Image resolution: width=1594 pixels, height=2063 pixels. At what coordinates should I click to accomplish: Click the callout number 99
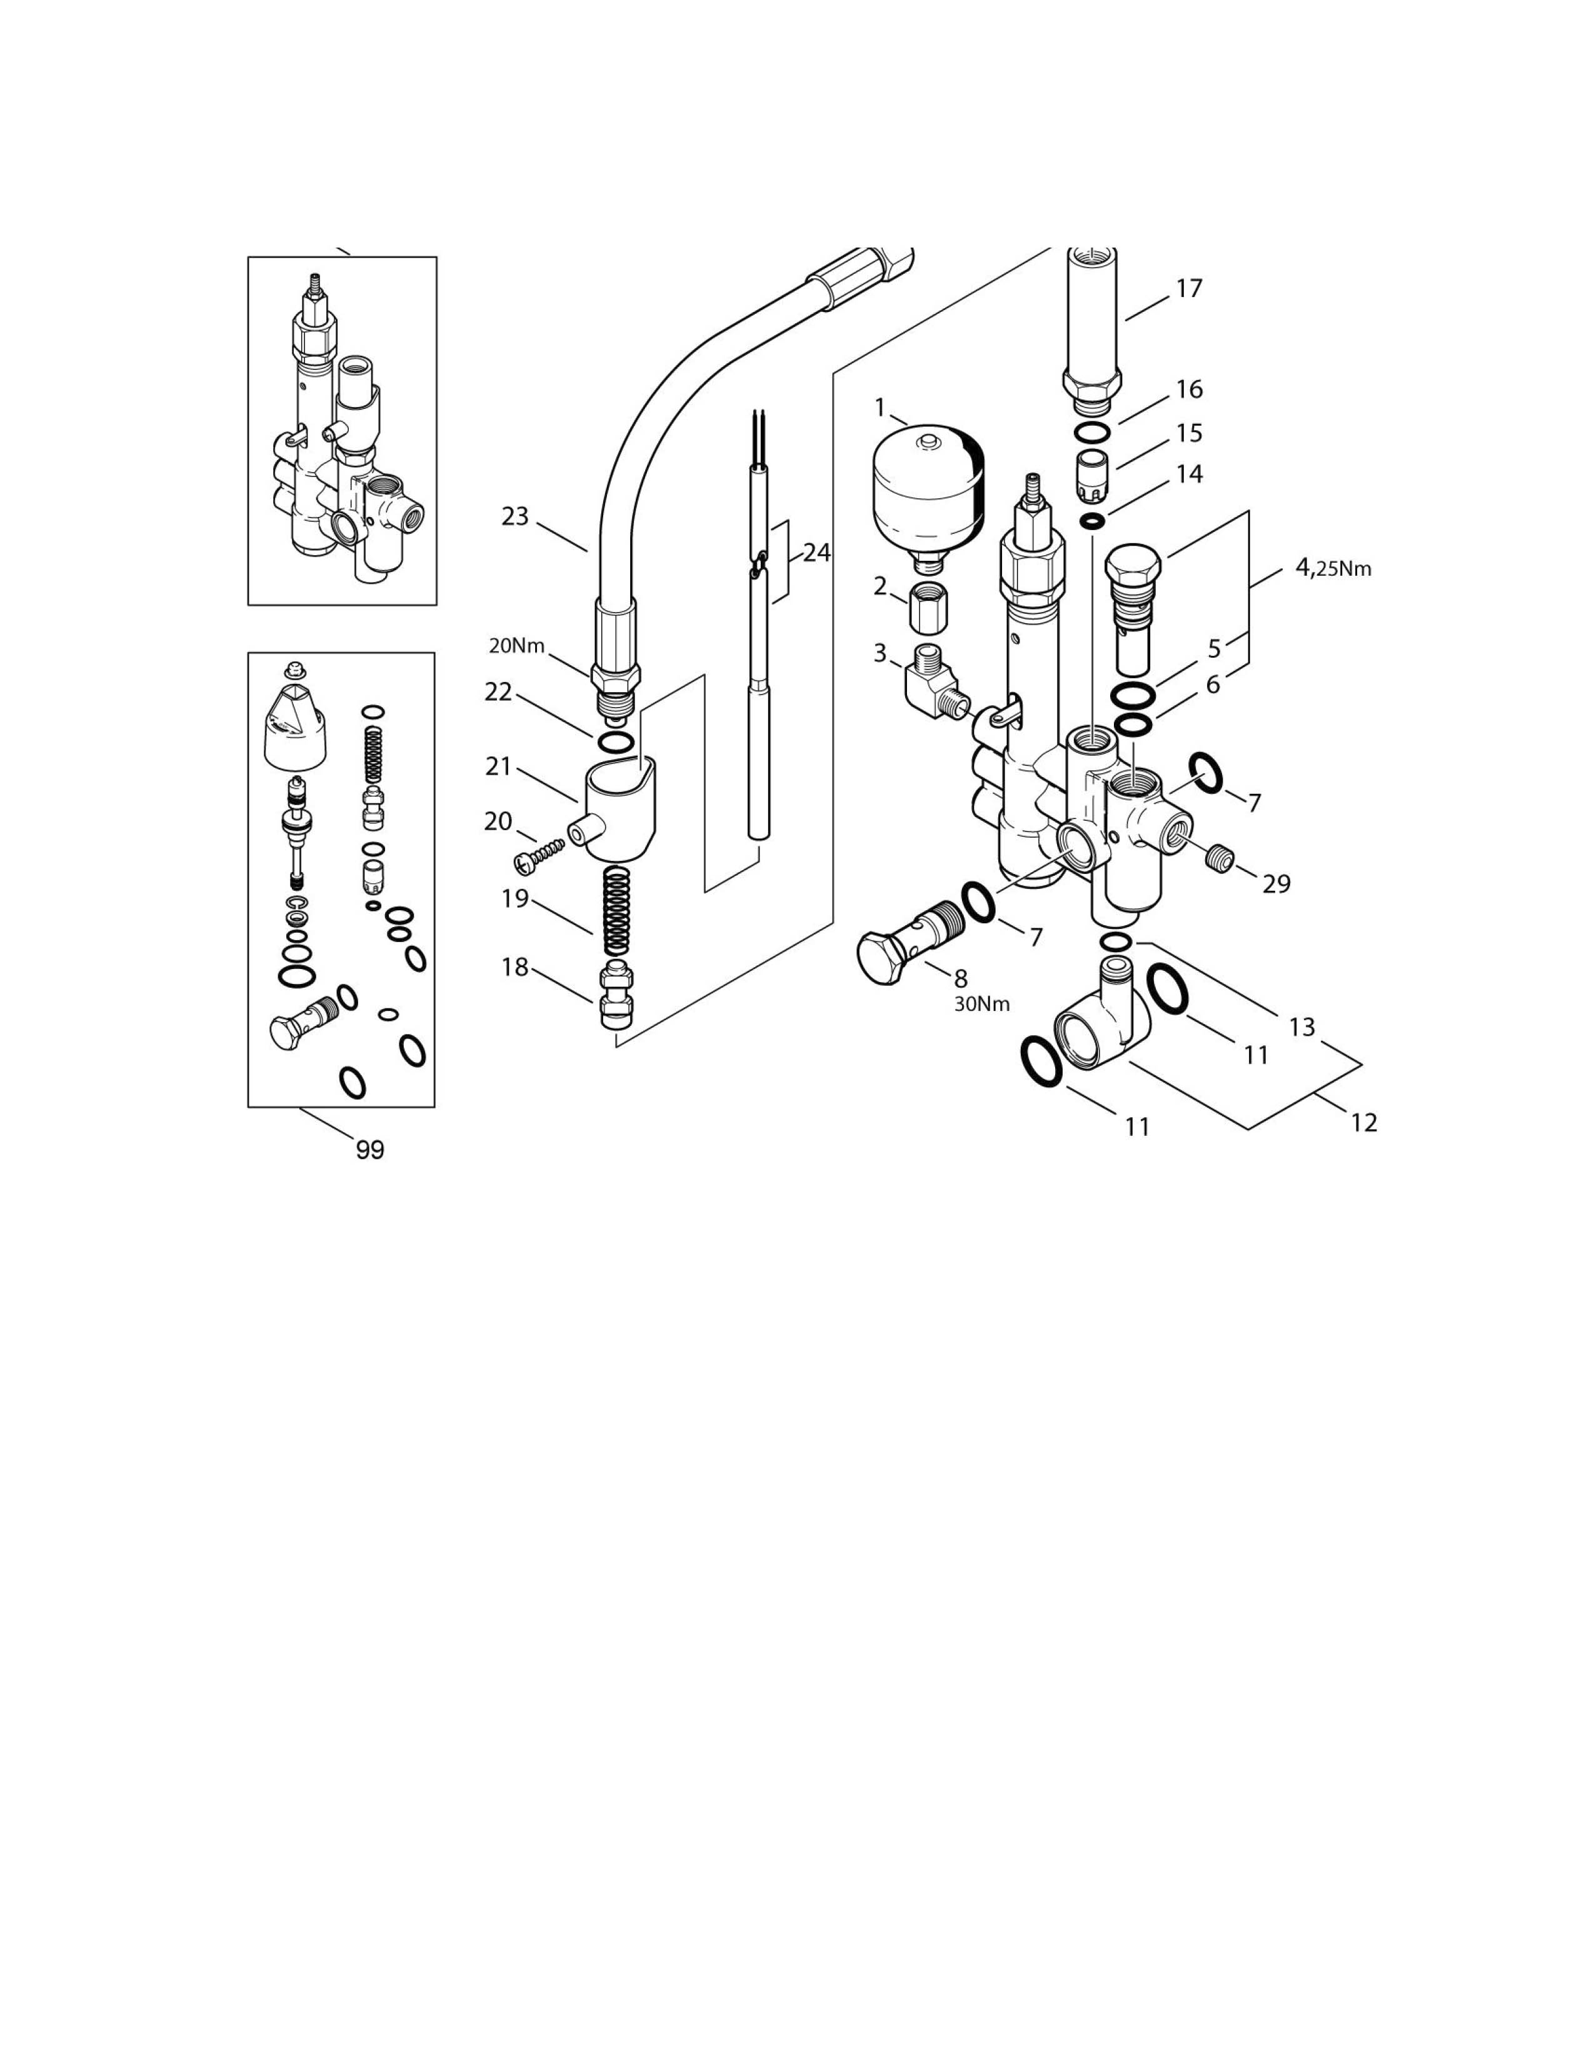point(370,1150)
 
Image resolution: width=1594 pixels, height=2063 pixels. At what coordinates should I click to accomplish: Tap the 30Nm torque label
point(981,1004)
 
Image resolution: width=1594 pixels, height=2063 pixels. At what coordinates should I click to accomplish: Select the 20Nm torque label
point(516,646)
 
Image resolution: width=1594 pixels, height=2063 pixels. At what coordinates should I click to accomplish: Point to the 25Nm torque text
point(1344,569)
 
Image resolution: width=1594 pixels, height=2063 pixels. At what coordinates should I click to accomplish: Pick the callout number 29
point(1276,883)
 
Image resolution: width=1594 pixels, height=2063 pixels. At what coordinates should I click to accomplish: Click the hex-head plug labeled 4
point(1132,604)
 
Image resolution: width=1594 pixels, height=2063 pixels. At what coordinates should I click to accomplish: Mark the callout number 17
point(1188,288)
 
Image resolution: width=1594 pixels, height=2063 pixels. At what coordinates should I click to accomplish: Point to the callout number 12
point(1363,1122)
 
